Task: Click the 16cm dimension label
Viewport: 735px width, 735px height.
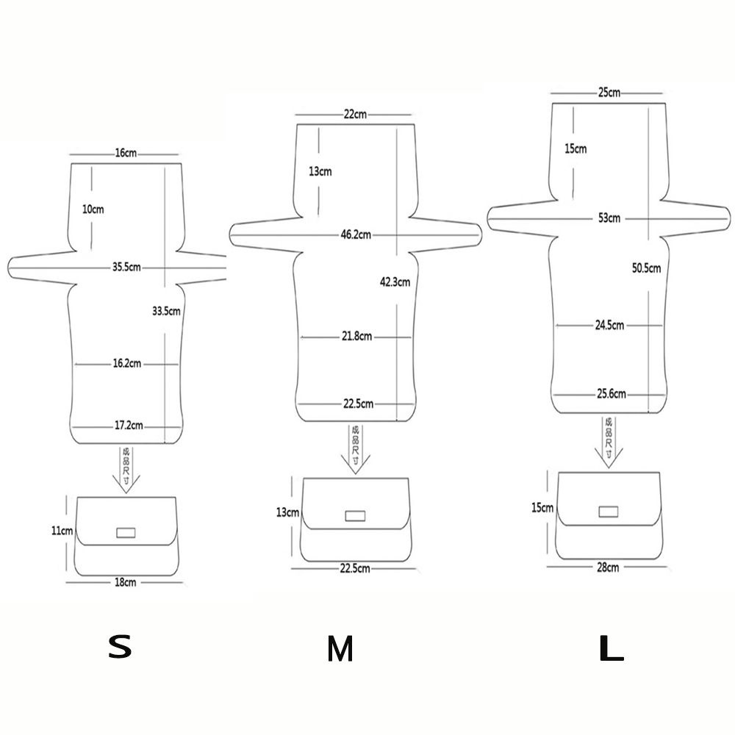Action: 125,154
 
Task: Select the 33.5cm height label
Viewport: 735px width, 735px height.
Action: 166,311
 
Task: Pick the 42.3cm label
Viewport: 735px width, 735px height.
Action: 395,280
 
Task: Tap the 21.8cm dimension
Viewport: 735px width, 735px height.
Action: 356,336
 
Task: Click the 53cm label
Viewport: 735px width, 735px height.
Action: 609,218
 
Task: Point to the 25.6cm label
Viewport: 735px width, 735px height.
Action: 611,394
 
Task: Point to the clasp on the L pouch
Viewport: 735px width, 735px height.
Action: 609,511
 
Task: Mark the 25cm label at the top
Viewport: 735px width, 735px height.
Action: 609,93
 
